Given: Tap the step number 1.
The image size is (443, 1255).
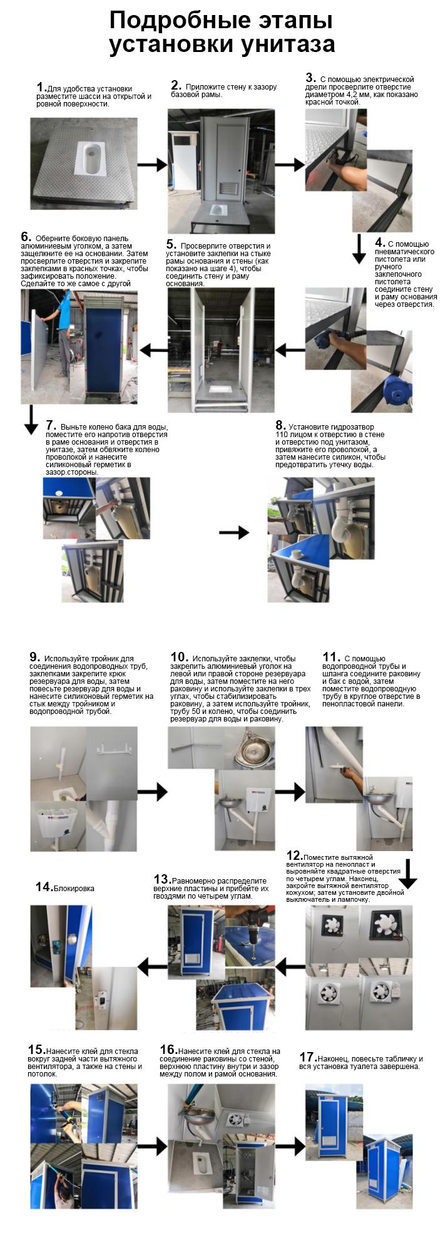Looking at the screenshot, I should (41, 87).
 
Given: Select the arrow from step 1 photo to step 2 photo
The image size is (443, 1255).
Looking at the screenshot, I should (151, 165).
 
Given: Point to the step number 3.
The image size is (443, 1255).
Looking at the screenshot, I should (310, 78).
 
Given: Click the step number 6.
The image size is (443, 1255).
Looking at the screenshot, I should (26, 237).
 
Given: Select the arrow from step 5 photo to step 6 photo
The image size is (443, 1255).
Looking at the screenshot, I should (153, 349).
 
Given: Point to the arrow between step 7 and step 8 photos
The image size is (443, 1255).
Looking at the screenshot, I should (234, 532).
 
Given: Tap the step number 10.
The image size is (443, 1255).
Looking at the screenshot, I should (180, 657).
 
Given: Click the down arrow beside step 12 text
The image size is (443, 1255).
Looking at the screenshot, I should (407, 874).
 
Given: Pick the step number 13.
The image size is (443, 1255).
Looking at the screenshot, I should (162, 879).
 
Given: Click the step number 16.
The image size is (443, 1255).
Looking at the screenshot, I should (168, 1050).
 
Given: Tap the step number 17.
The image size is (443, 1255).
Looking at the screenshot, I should (307, 1058).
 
